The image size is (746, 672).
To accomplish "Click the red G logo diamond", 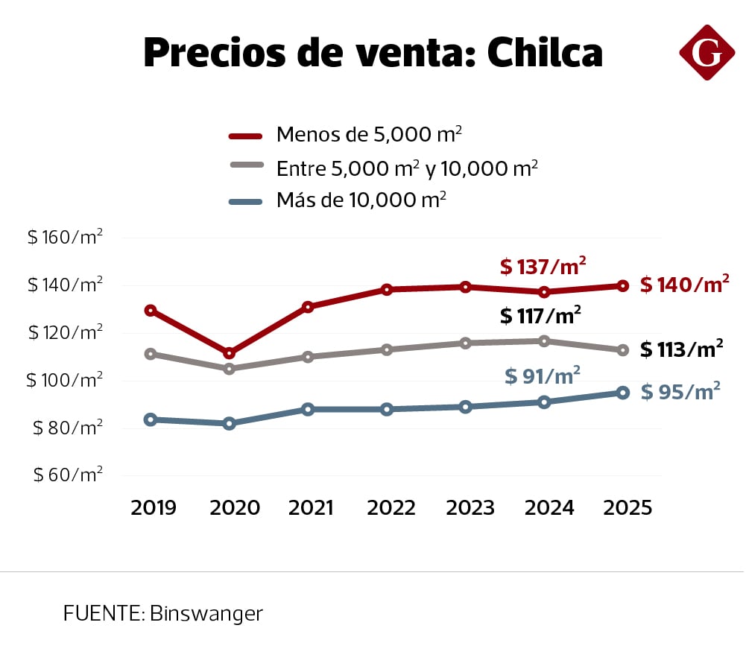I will [707, 52].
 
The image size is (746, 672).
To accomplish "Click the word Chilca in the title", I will [545, 52].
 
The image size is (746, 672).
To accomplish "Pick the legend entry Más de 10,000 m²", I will [361, 200].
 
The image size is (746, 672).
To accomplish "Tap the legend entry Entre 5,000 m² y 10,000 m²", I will [407, 168].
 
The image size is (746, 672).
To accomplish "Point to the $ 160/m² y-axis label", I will [65, 238].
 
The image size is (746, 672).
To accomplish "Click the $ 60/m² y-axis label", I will [68, 475].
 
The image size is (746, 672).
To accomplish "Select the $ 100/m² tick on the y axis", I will [65, 380].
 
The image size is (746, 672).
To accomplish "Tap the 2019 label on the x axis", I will [154, 508].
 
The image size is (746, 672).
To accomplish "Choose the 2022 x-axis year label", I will [391, 508].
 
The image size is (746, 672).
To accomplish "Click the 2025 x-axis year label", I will [628, 508].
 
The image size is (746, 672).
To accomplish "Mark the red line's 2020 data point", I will [230, 352].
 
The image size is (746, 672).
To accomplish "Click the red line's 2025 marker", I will [623, 285].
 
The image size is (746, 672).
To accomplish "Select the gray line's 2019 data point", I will [151, 354].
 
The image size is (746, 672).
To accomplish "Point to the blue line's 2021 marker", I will [308, 409].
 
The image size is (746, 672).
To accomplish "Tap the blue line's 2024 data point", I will [544, 402].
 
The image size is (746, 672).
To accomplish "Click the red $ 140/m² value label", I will [684, 285].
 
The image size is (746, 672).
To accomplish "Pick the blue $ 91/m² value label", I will [543, 376].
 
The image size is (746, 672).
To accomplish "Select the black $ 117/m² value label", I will [540, 316].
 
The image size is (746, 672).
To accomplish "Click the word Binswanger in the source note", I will [206, 614].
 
